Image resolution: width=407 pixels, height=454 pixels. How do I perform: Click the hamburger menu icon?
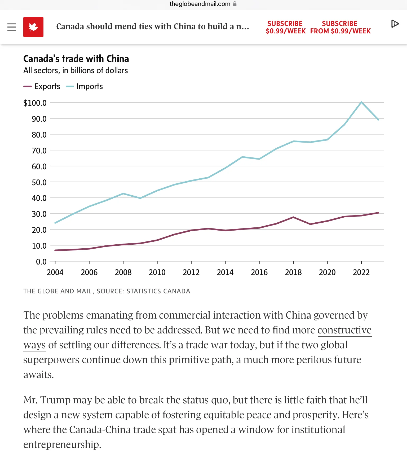click(x=12, y=27)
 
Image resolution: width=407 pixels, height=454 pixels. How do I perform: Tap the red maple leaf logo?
click(x=33, y=27)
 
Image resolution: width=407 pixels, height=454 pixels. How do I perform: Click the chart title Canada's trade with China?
click(x=76, y=59)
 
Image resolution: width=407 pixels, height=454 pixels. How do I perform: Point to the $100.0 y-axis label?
click(x=35, y=103)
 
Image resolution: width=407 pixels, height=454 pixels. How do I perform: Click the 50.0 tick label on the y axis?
click(x=39, y=182)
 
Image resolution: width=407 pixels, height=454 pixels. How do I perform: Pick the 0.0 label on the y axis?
click(x=41, y=262)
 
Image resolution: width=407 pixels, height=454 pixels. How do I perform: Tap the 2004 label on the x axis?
click(x=55, y=272)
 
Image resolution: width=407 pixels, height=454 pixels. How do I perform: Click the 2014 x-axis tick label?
click(x=225, y=272)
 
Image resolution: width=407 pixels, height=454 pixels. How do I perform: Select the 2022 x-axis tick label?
click(x=361, y=272)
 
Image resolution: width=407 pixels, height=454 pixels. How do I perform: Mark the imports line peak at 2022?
click(x=361, y=102)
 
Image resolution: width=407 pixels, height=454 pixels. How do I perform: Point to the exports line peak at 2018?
click(x=293, y=217)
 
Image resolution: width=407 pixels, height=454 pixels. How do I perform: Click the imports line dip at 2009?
click(x=140, y=198)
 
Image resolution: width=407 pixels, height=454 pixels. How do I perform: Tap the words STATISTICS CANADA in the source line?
click(x=158, y=291)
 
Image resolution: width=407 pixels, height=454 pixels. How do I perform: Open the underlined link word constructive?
click(x=344, y=330)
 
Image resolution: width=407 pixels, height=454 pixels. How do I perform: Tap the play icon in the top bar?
click(x=395, y=24)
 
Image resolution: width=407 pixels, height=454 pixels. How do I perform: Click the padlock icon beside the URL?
click(x=235, y=4)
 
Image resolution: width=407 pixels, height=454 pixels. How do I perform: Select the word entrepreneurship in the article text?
click(x=62, y=444)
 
